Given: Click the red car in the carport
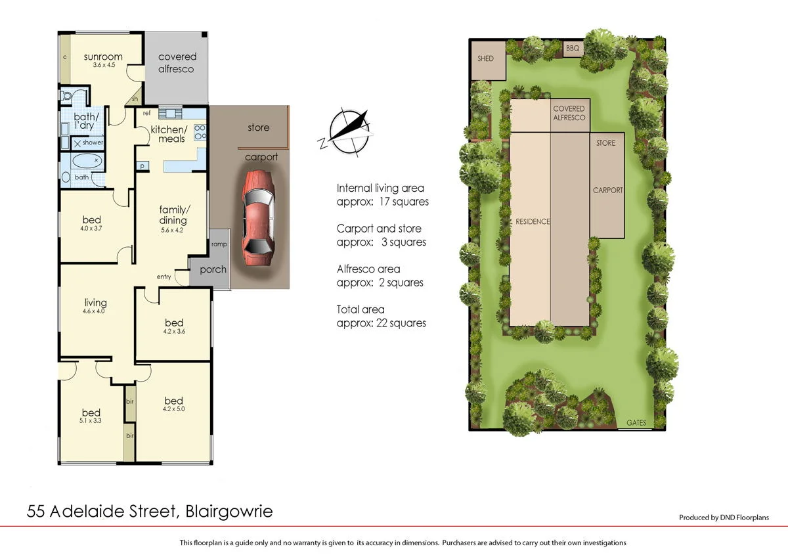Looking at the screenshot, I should click(x=257, y=217).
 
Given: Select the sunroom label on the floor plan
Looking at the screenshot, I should click(x=103, y=56).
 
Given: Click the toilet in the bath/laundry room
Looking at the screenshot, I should click(x=66, y=97).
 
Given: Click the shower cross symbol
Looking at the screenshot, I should click(x=77, y=143).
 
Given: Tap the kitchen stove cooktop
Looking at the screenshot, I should click(x=200, y=133).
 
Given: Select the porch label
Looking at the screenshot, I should click(x=213, y=269).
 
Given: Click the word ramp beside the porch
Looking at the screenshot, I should click(x=219, y=244).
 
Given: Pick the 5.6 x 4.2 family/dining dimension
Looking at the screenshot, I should click(x=173, y=231).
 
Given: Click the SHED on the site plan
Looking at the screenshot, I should click(x=486, y=59).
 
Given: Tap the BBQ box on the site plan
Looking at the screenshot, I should click(x=571, y=49).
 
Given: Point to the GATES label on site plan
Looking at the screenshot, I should click(x=637, y=422).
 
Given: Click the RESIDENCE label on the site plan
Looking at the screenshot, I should click(x=532, y=221).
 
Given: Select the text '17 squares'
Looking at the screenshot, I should click(x=405, y=202).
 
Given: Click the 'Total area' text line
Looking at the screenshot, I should click(x=361, y=309).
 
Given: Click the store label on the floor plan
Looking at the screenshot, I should click(x=258, y=127).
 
